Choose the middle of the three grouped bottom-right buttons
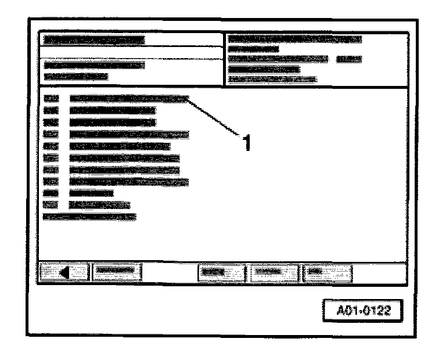click(x=272, y=271)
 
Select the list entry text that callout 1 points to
click(x=128, y=99)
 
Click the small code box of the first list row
click(x=51, y=99)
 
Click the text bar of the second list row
click(x=112, y=110)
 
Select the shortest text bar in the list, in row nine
click(x=91, y=193)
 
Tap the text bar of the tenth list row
click(x=99, y=204)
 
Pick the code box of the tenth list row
click(x=51, y=204)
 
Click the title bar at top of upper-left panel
click(x=93, y=41)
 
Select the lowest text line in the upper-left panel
click(x=75, y=76)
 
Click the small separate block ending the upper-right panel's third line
click(x=348, y=59)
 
